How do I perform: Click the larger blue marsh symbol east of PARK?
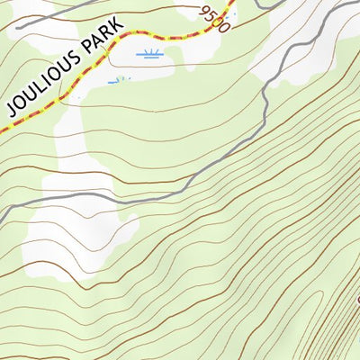click(149, 55)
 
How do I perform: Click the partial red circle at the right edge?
click(356, 298)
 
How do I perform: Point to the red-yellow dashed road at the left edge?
click(3, 127)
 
